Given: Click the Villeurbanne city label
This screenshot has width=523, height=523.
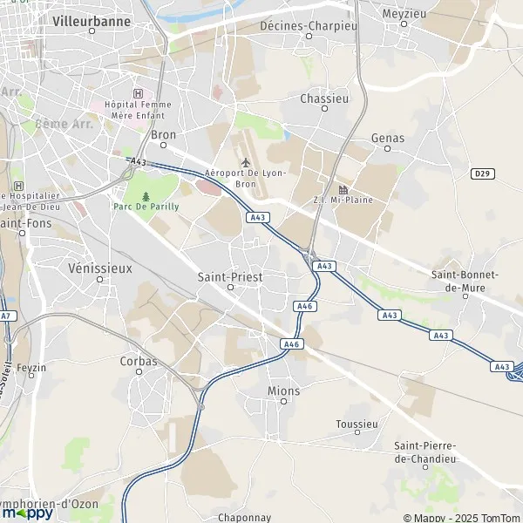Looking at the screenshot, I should (x=92, y=20).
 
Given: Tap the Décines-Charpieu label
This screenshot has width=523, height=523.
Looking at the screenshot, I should (x=309, y=25).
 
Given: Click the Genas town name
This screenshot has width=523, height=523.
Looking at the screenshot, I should (x=388, y=138).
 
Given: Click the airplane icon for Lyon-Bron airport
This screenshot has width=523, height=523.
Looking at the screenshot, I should (x=245, y=162).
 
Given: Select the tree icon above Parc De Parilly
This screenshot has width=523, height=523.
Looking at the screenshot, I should (x=146, y=195).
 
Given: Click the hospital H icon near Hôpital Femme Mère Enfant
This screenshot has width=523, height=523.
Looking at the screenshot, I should (x=137, y=93).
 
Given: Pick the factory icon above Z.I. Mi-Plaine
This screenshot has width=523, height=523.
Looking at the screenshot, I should (x=343, y=190).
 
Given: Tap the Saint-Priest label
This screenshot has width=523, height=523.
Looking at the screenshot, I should (x=230, y=276).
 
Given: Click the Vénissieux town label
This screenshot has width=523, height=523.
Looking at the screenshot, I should (x=99, y=268).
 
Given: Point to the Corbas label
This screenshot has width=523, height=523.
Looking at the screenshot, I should (x=139, y=360).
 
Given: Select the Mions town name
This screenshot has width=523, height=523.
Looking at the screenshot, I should (x=284, y=391).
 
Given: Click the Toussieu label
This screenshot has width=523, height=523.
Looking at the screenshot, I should (x=357, y=425).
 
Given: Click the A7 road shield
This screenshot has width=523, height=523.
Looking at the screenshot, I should (x=7, y=316).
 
